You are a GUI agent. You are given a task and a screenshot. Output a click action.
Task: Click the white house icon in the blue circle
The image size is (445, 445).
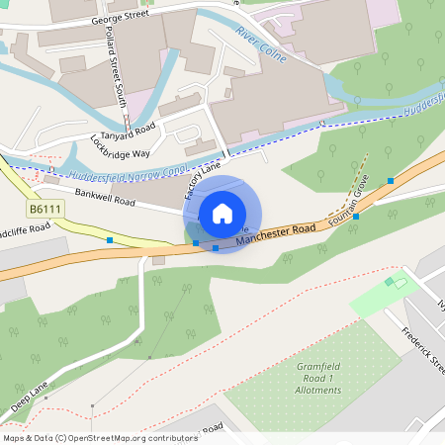(x=222, y=214)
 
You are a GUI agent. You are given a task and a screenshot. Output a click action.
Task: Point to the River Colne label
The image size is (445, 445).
(x=261, y=45)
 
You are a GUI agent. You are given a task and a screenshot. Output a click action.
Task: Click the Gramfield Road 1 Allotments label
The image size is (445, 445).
(x=318, y=378)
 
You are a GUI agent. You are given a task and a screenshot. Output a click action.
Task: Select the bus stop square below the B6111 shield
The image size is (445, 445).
(x=110, y=240)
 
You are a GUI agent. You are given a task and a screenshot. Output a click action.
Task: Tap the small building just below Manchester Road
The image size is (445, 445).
(x=158, y=261)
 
